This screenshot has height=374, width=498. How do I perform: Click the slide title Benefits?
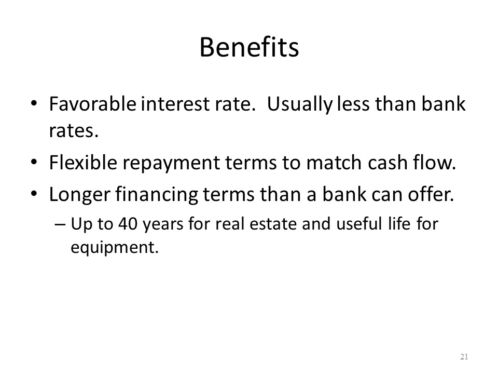coord(249,47)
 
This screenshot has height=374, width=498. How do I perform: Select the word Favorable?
coord(92,104)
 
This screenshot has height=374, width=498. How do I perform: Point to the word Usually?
coord(299,105)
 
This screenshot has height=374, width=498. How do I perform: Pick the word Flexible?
coord(83,162)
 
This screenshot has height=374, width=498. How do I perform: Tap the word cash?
coord(388,162)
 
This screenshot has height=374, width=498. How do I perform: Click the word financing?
coord(157,195)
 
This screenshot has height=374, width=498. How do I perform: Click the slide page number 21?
coord(464,356)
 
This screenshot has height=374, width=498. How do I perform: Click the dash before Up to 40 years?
coord(60,224)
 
